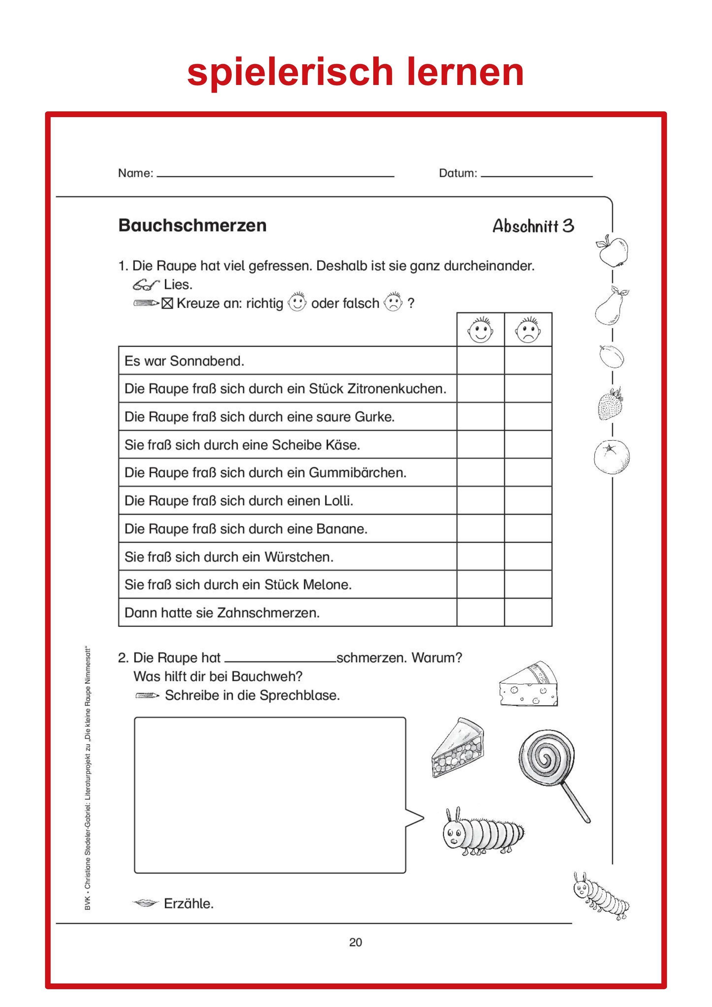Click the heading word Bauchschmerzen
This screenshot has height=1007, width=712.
click(192, 225)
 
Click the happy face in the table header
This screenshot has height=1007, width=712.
click(480, 330)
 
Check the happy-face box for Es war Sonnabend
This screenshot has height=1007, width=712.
click(480, 361)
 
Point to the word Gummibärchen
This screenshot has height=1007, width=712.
click(357, 473)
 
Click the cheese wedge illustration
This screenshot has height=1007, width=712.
click(529, 684)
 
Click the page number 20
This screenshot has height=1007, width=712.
click(355, 942)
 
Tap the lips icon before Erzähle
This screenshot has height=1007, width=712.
click(145, 903)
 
